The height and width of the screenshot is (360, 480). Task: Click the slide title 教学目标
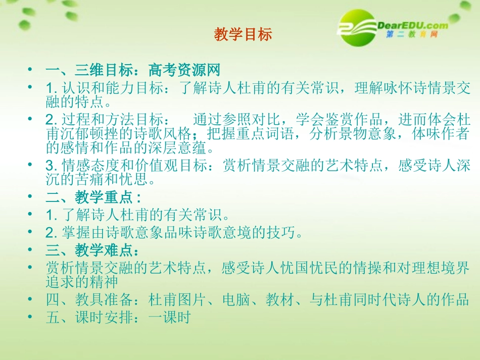pyautogui.click(x=243, y=34)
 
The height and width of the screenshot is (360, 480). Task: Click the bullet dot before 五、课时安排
pyautogui.click(x=31, y=318)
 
